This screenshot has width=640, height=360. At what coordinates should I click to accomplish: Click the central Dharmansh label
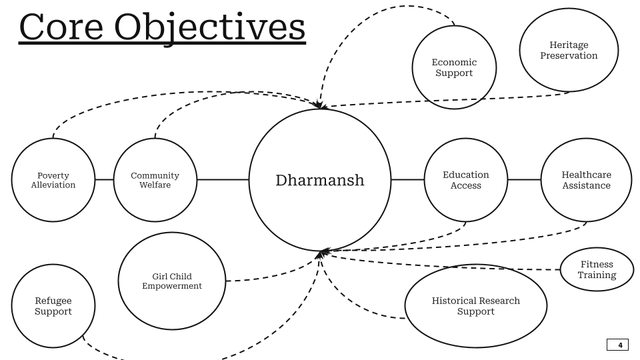(x=320, y=180)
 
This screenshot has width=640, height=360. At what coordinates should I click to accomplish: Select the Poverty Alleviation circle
(x=53, y=180)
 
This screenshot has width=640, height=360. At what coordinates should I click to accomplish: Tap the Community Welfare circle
(x=155, y=180)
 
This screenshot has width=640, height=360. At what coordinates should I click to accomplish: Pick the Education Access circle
(x=465, y=180)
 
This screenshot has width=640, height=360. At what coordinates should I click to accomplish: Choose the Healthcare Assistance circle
(x=586, y=180)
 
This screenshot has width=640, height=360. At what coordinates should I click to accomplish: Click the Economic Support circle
(x=454, y=67)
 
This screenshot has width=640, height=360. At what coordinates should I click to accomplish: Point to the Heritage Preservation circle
(x=569, y=50)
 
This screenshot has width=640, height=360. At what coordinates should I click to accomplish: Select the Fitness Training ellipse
(x=597, y=269)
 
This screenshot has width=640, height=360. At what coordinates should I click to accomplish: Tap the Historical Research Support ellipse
(x=475, y=306)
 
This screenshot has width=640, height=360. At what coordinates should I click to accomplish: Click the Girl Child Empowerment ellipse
(x=172, y=281)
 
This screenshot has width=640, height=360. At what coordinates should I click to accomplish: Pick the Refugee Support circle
(x=53, y=306)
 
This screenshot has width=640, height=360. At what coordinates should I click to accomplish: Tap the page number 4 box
(x=617, y=345)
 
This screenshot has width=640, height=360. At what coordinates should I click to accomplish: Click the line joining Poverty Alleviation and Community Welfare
(x=104, y=180)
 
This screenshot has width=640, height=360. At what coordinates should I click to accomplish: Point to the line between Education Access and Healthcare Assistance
(x=523, y=180)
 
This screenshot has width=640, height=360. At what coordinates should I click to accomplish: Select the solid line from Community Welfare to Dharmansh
(x=223, y=180)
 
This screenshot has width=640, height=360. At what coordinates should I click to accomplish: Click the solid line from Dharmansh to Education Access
(x=407, y=180)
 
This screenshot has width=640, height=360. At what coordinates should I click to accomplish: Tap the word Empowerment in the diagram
(x=172, y=286)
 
